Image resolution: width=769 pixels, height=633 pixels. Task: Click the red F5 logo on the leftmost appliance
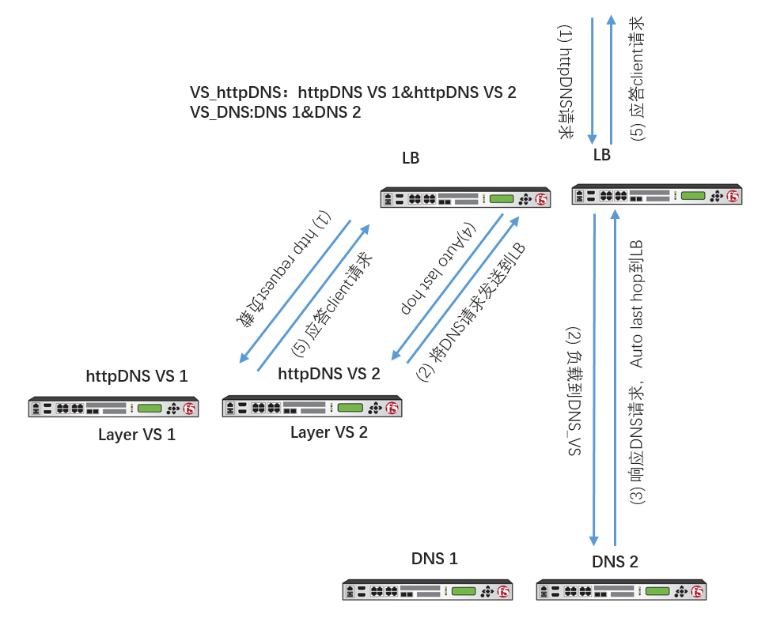[189, 409]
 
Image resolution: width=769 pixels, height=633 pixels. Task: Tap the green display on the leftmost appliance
[150, 409]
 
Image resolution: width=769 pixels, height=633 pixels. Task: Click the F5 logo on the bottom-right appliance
[697, 592]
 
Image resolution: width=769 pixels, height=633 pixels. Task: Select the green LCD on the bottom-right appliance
[657, 591]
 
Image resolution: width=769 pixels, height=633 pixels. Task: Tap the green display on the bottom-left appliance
[464, 591]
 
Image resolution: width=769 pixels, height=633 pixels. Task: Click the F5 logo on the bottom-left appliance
[503, 592]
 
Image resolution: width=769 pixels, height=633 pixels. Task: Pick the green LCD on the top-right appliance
[693, 195]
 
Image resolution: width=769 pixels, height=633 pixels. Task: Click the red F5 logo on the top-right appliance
[733, 196]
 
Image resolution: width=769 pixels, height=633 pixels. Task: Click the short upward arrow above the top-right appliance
[611, 79]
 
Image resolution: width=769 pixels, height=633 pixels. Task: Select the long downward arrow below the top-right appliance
[593, 379]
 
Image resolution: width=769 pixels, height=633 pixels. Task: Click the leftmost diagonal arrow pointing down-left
[294, 292]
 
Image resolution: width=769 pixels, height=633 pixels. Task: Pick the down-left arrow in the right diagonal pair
[447, 287]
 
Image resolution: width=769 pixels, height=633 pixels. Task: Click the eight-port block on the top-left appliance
[422, 199]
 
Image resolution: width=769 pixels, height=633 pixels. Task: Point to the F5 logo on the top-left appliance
[541, 199]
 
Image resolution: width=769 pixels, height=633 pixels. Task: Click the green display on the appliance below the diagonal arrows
[350, 408]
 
